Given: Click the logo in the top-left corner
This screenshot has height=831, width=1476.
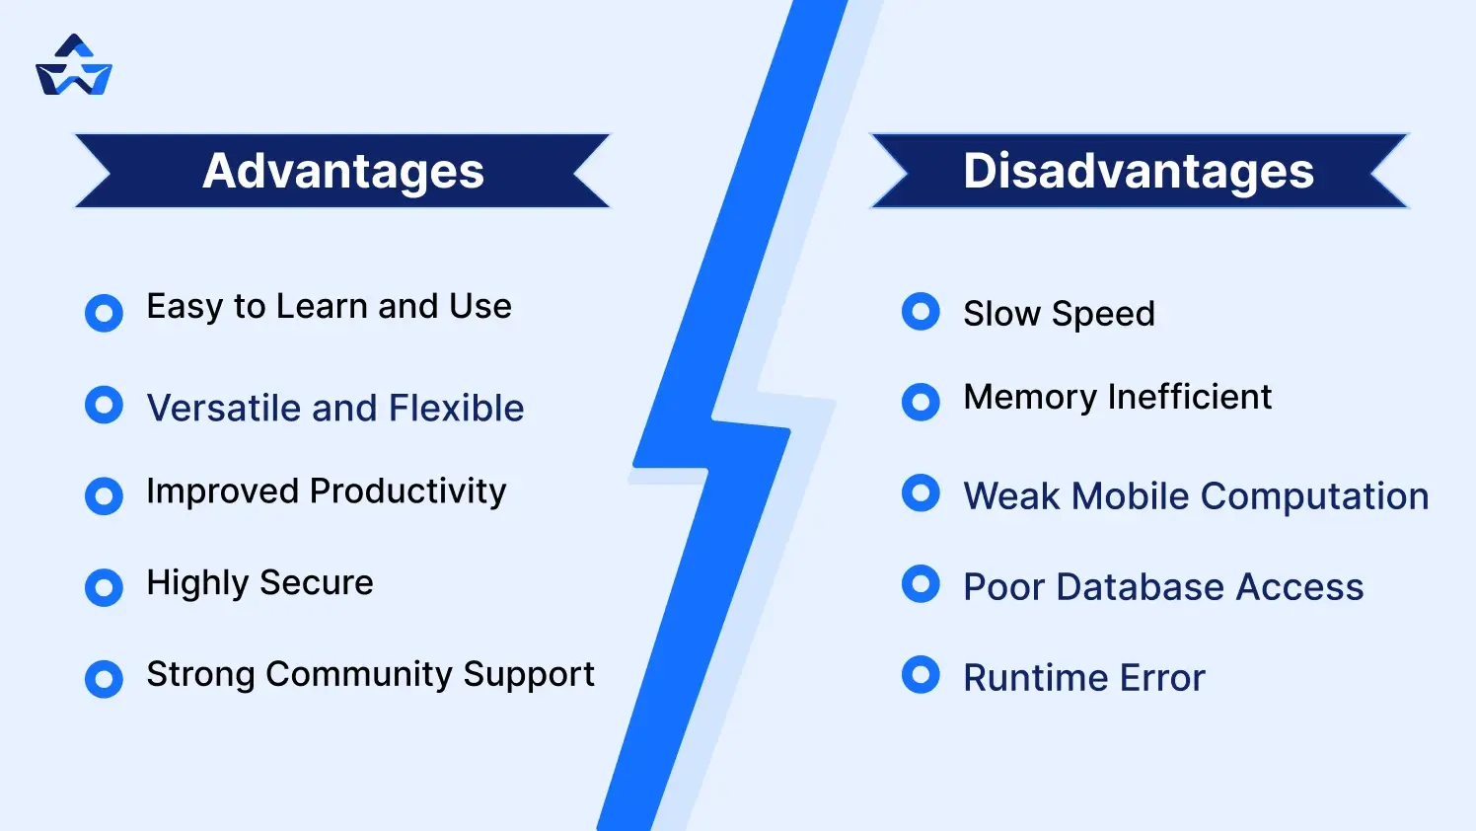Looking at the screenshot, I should point(74,66).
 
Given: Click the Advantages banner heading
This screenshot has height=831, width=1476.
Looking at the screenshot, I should point(343,171).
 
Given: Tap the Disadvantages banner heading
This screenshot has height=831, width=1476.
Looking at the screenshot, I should point(1139,171).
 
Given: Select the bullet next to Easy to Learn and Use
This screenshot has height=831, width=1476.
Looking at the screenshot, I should point(104,313).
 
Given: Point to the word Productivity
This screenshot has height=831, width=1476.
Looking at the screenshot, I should point(408,491).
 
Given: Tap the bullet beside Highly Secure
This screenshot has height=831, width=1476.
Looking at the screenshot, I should point(104,587).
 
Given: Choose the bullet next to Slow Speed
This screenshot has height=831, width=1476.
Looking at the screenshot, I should point(921,312).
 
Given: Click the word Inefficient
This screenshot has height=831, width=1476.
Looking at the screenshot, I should point(1189,397).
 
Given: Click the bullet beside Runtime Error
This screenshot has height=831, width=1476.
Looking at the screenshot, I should point(921,675).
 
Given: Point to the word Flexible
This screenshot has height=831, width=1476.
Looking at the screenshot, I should point(456,408).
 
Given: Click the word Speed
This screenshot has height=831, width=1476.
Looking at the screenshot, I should point(1103,314).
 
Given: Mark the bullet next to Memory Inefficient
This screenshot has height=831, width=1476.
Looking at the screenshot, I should point(921,402).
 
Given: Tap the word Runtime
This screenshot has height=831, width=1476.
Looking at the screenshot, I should point(1022,678).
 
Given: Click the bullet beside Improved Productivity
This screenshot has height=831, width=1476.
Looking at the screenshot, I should point(104,495).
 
